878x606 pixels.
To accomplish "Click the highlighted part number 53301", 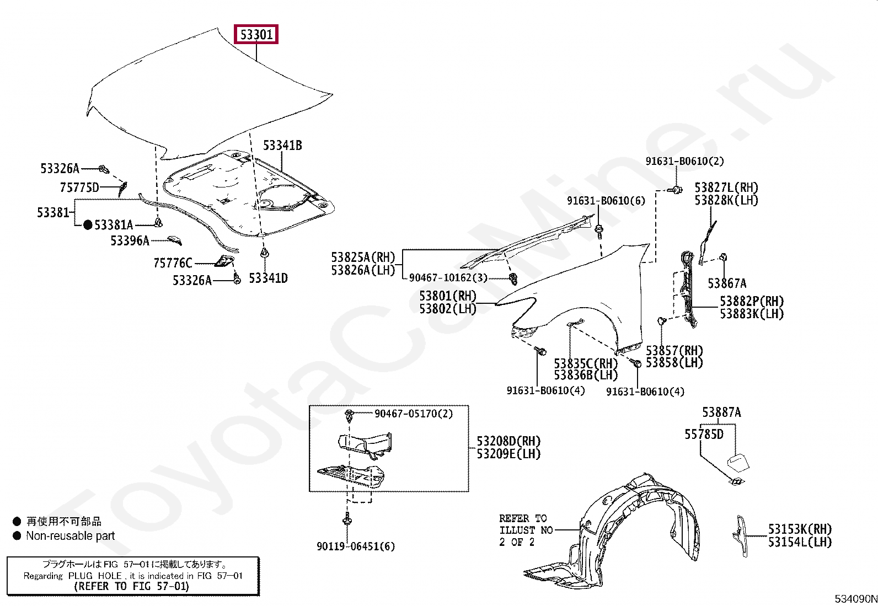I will [x=256, y=35].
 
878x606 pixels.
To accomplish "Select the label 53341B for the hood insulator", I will [x=282, y=146].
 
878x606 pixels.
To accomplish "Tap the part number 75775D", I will [x=79, y=187].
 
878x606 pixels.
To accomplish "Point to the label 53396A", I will [x=130, y=240].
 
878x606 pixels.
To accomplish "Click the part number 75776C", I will [x=173, y=263].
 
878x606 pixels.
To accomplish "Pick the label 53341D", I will [x=268, y=278].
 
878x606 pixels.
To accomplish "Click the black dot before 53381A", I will [x=88, y=225].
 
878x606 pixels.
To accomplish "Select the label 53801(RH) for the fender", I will [x=447, y=296].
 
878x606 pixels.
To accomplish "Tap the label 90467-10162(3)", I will [x=448, y=278].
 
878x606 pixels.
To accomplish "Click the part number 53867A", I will [x=727, y=283].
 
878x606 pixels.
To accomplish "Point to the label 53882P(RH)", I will [x=752, y=302].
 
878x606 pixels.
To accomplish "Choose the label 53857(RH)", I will [x=674, y=351].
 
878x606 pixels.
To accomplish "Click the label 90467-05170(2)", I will [x=414, y=414].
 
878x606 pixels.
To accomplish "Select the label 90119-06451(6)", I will [x=356, y=546].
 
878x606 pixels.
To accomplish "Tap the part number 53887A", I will [x=721, y=412].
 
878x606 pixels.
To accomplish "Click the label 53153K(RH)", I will [x=800, y=529].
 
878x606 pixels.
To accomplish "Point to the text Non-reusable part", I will [x=71, y=536].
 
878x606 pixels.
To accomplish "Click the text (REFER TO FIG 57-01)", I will [x=132, y=586].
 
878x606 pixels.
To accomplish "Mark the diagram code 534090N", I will [x=855, y=599].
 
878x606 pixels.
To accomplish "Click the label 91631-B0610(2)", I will [x=685, y=161].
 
